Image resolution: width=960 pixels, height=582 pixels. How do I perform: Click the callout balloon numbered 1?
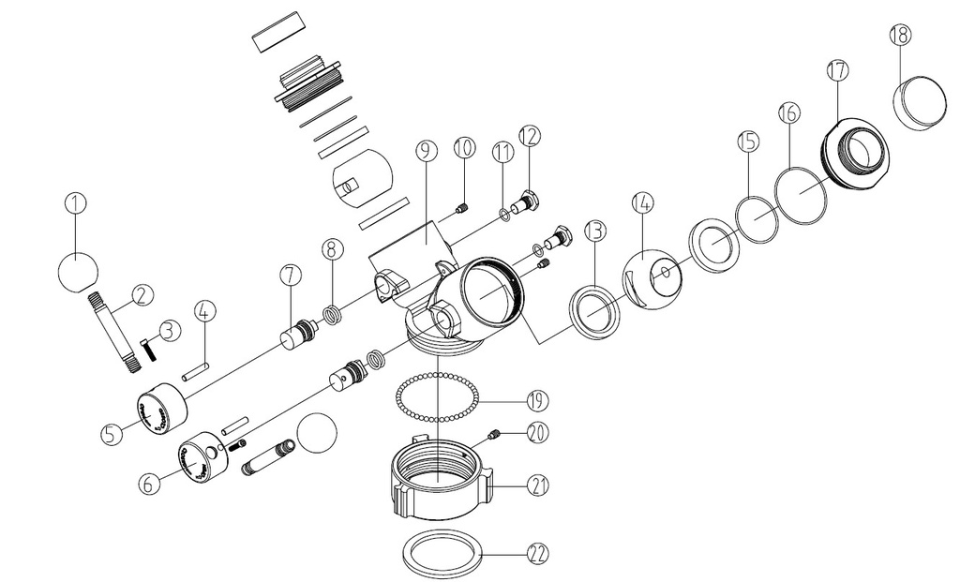(76, 201)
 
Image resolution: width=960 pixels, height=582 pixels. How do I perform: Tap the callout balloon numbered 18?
(900, 36)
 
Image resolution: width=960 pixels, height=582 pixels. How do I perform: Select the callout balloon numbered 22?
(536, 554)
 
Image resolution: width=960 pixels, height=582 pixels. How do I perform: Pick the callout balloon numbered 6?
(147, 485)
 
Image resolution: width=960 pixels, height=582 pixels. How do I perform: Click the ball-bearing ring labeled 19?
(436, 399)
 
